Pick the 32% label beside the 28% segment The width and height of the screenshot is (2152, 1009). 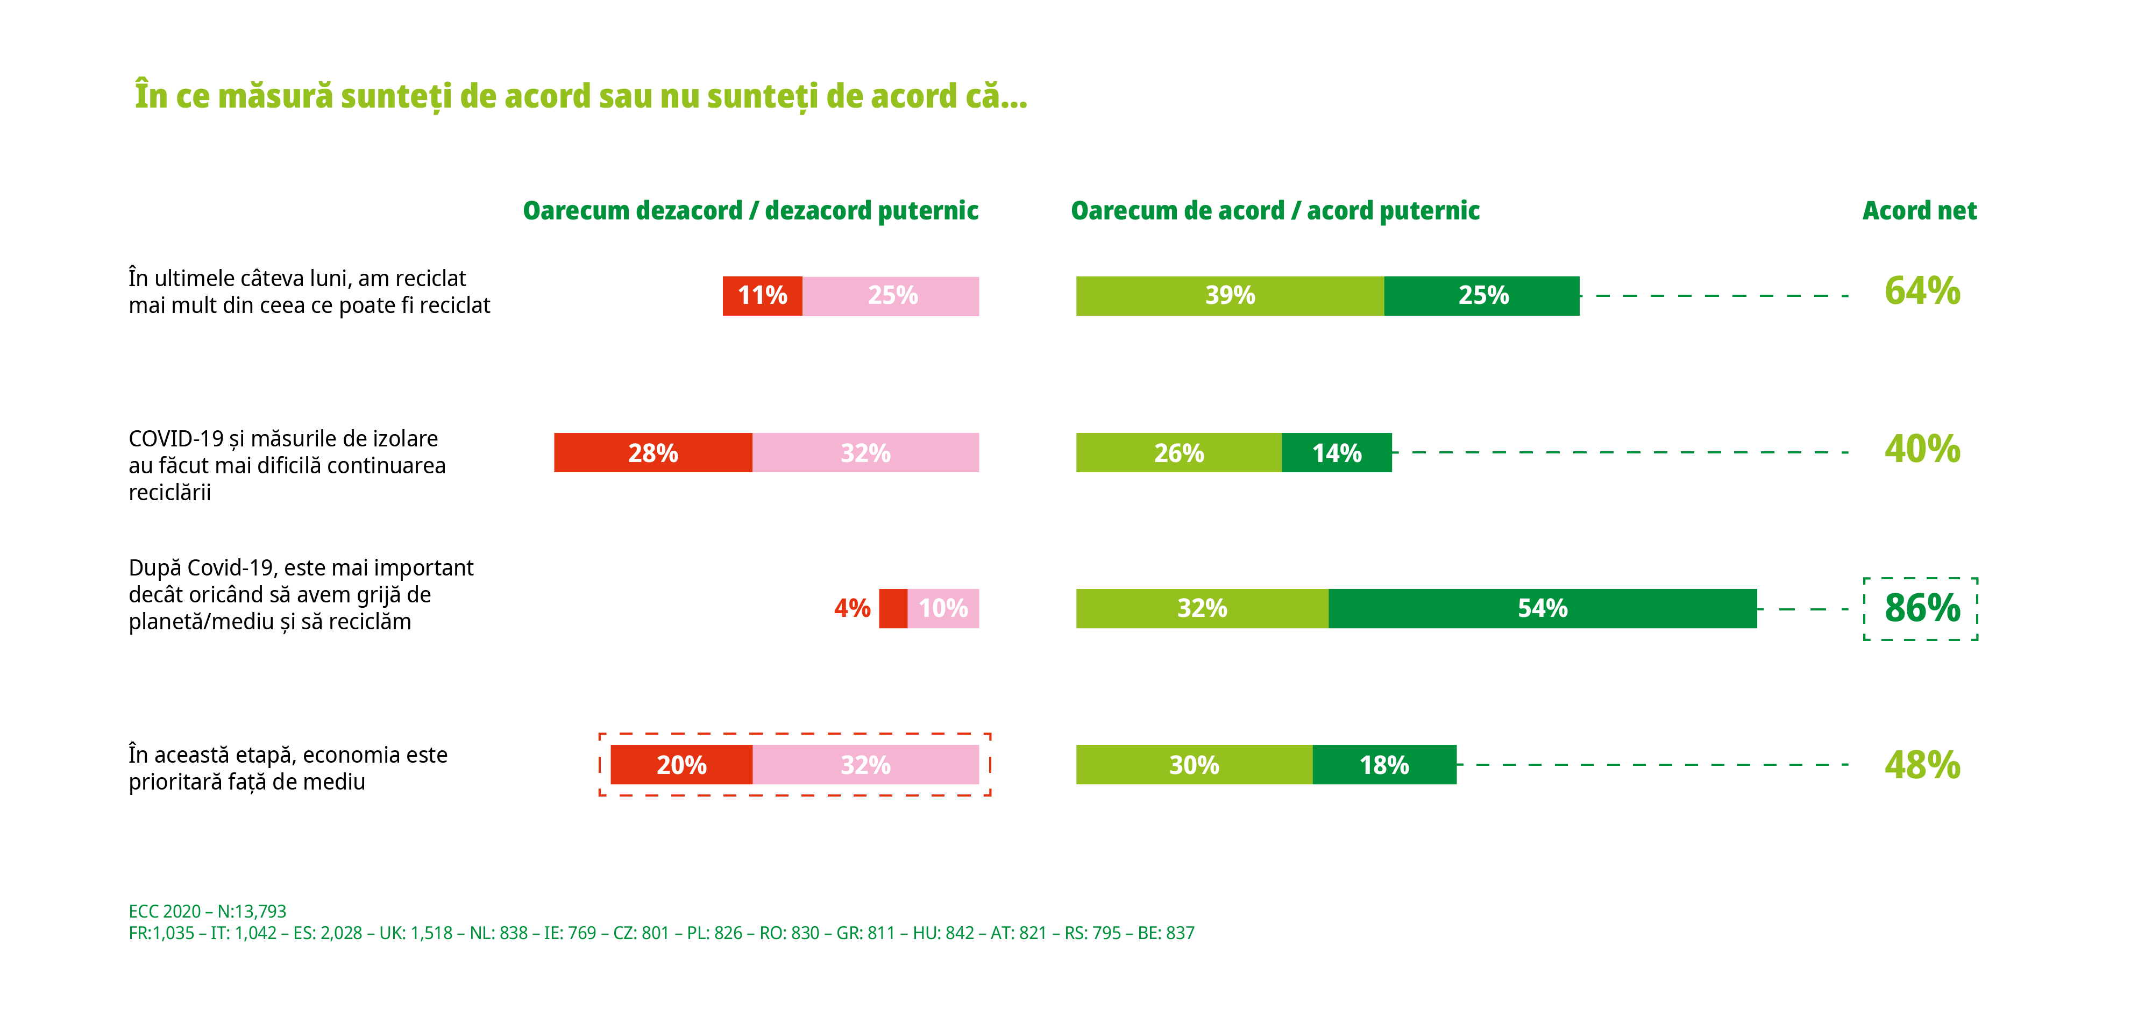[865, 453]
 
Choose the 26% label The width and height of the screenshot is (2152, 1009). [1179, 453]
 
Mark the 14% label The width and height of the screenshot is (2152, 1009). [1337, 453]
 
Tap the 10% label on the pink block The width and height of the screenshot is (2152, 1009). [943, 608]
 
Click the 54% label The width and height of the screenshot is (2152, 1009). [1542, 608]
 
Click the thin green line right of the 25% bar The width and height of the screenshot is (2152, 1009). [1684, 296]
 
